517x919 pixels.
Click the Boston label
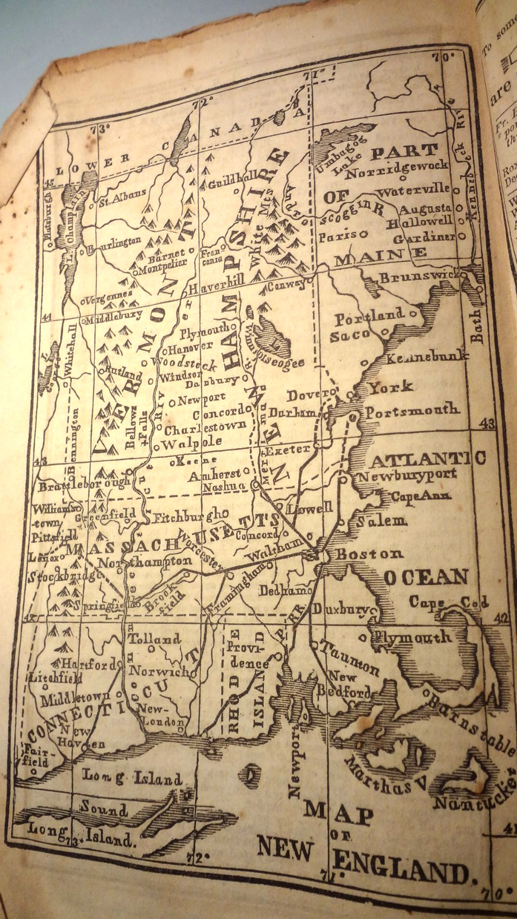pos(369,554)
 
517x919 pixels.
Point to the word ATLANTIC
pos(429,459)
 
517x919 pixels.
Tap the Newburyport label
pos(407,476)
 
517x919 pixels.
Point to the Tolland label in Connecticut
pos(154,639)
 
